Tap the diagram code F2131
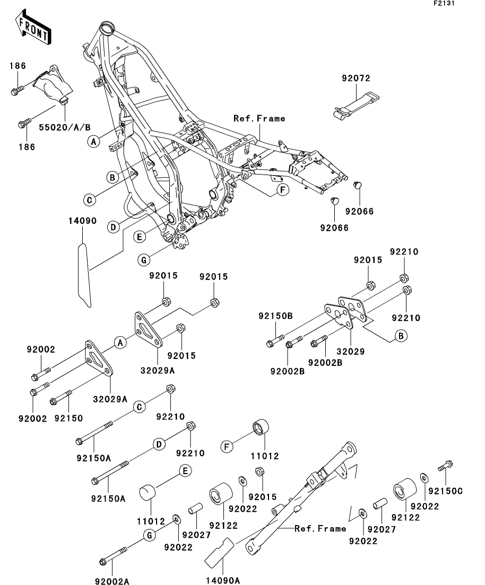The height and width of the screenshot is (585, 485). (444, 3)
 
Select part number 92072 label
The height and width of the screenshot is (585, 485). (356, 78)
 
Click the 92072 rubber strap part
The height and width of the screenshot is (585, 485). (356, 104)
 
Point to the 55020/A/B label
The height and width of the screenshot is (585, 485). (65, 127)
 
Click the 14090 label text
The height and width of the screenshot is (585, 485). (82, 221)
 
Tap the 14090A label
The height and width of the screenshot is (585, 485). (222, 580)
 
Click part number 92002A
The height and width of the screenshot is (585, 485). (111, 581)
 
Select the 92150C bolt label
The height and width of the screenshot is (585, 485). (445, 491)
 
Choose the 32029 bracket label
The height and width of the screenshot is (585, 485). (350, 351)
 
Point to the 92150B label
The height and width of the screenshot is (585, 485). (275, 316)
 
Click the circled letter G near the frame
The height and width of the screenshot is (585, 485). (144, 260)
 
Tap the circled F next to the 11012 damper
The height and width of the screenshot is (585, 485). (227, 447)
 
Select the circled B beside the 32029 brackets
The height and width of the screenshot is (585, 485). (401, 335)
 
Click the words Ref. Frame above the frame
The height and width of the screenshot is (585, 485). (259, 118)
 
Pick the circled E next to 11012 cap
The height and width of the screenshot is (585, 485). (185, 471)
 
